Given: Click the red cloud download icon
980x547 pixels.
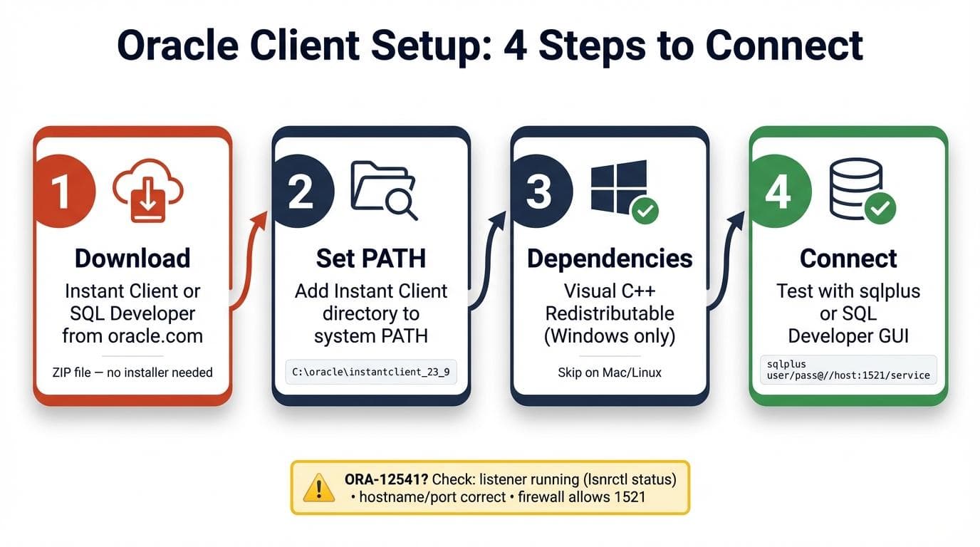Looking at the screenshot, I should [x=148, y=190].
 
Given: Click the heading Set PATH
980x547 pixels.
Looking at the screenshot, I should [x=371, y=259].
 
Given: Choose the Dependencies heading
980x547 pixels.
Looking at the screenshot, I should [x=610, y=259].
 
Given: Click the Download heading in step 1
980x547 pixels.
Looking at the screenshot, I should [x=132, y=259].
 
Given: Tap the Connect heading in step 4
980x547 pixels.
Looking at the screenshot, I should [x=848, y=259].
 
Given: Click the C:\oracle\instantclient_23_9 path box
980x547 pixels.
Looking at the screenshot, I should [x=371, y=372].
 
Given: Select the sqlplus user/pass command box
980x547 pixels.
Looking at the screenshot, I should [x=848, y=370].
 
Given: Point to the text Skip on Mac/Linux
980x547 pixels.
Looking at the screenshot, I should [x=610, y=373].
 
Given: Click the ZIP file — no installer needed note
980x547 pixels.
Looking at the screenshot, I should [x=132, y=372].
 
